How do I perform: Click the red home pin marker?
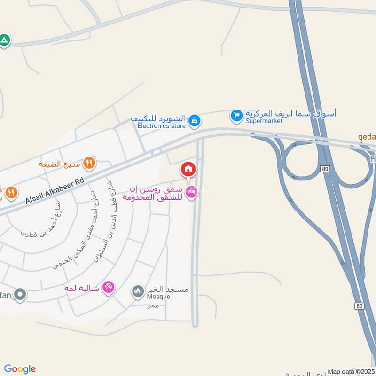pos(188,169)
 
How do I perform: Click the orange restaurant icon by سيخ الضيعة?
pos(89,163)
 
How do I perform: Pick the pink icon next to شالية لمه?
pos(108,287)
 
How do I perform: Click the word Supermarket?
pos(264,121)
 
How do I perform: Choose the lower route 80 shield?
pos(360,306)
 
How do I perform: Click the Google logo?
pos(20,369)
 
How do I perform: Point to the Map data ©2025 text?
pos(351,372)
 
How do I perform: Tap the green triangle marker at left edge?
pos(4,40)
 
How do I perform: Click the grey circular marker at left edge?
pos(20,295)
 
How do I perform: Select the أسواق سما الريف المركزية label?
pos(291,113)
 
